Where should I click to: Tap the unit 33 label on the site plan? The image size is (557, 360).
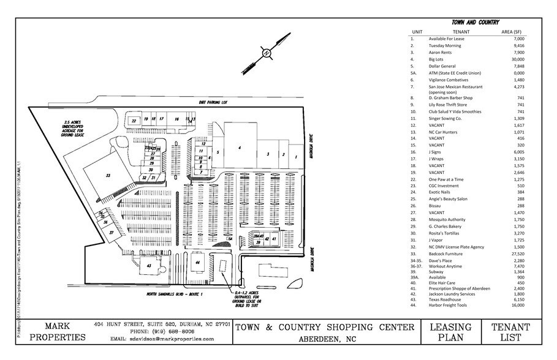[107, 175]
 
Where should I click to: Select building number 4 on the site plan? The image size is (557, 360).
[239, 148]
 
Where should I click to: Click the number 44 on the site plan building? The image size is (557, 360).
[197, 262]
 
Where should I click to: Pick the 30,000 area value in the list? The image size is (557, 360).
[518, 59]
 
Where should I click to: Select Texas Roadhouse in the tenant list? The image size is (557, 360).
[446, 299]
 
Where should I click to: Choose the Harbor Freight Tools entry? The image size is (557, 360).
[448, 306]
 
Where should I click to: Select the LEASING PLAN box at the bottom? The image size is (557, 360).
[450, 332]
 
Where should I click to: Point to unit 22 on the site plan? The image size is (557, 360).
[133, 121]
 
